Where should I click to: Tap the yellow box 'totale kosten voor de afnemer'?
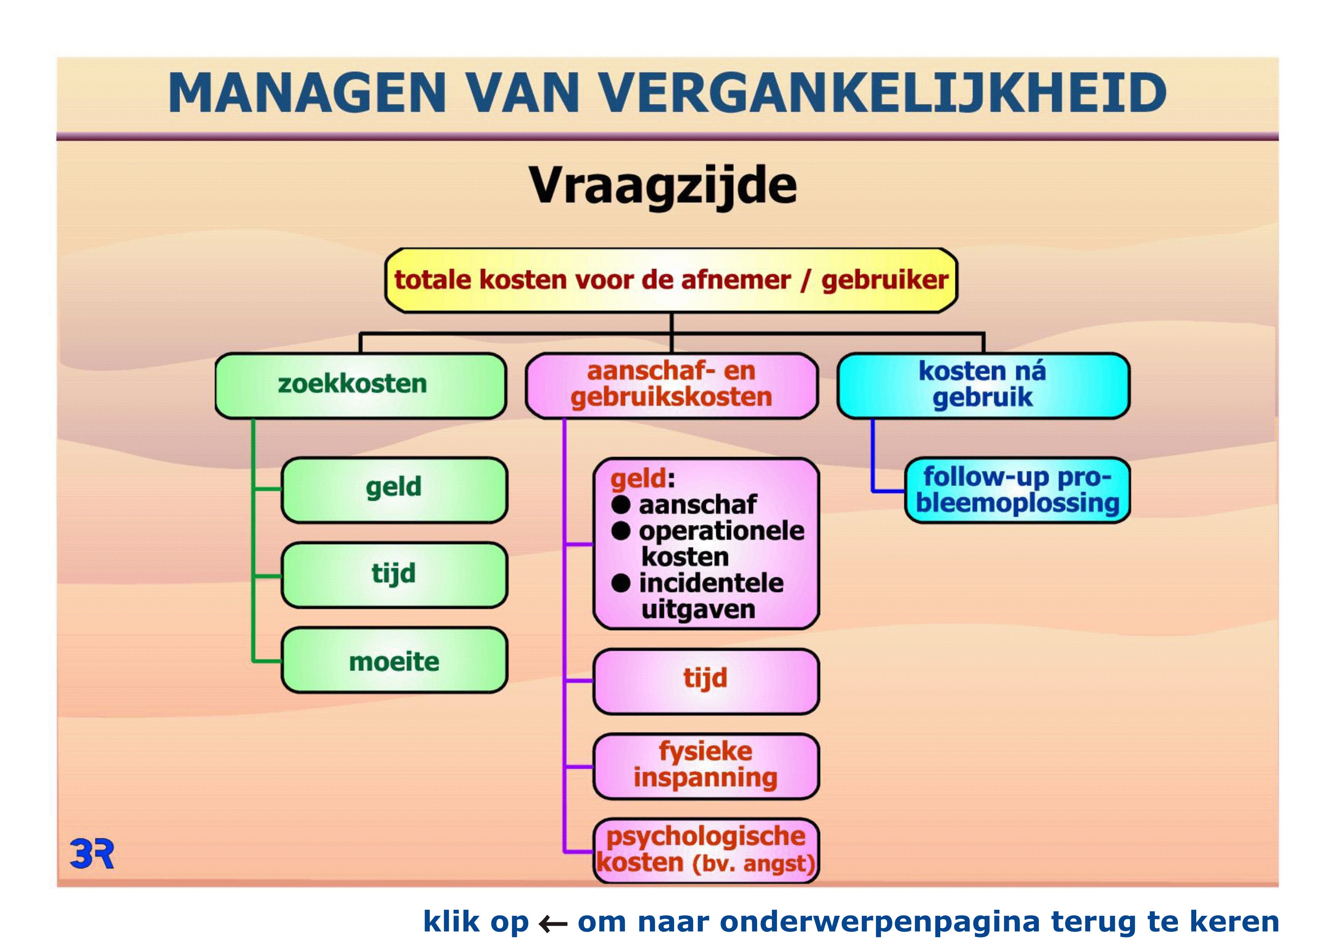[x=671, y=281]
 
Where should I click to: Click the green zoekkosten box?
[x=360, y=385]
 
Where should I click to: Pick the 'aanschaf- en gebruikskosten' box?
[x=671, y=385]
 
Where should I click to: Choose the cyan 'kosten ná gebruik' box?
[x=983, y=385]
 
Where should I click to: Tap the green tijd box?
[x=394, y=575]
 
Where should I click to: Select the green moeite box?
[x=394, y=660]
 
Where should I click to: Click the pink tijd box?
[x=706, y=681]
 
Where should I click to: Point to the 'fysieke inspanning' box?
[x=706, y=766]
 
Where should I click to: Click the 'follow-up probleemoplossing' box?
[x=1017, y=490]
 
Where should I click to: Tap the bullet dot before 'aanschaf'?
[x=621, y=504]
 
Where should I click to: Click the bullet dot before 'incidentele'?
[x=621, y=583]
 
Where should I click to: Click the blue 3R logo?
[x=92, y=854]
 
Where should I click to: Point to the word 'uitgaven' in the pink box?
[x=698, y=609]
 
